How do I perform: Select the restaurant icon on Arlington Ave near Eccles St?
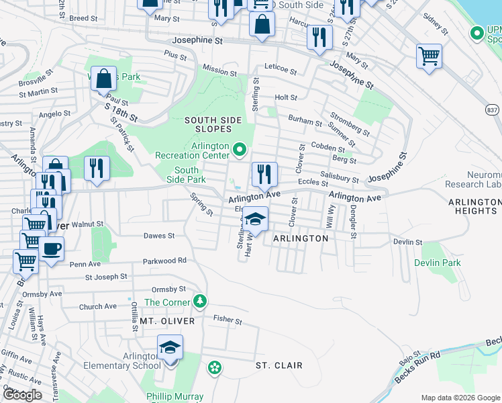click(264, 174)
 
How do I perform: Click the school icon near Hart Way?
click(255, 219)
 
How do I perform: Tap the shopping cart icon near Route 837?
click(429, 56)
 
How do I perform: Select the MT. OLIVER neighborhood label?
click(166, 321)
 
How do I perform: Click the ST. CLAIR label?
click(279, 365)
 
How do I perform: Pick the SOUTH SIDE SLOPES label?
click(213, 124)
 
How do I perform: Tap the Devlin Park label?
click(438, 263)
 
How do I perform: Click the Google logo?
click(22, 395)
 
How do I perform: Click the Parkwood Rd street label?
click(164, 261)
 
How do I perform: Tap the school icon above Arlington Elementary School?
click(170, 347)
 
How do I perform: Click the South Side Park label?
click(187, 175)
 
